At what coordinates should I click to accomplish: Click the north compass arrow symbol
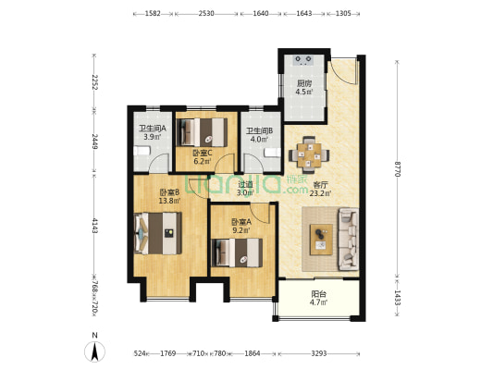94,351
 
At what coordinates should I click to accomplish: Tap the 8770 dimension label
398,168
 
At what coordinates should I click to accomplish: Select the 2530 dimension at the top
206,13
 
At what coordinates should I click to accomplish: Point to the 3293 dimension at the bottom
319,353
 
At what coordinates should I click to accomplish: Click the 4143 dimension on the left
94,225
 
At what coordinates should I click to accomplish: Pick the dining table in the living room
309,154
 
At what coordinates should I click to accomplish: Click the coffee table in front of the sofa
321,240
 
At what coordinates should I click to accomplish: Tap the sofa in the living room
349,240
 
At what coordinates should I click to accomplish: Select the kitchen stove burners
303,60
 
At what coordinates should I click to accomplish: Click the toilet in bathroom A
142,151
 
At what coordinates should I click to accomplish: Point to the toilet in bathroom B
272,153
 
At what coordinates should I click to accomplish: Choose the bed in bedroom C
202,132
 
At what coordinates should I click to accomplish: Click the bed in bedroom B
158,233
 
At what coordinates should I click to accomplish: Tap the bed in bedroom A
237,253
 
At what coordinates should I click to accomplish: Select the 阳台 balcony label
319,294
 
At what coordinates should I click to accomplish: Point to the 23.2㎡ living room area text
320,193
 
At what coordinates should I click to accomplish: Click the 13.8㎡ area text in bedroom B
169,201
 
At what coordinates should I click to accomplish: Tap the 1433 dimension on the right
398,298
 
